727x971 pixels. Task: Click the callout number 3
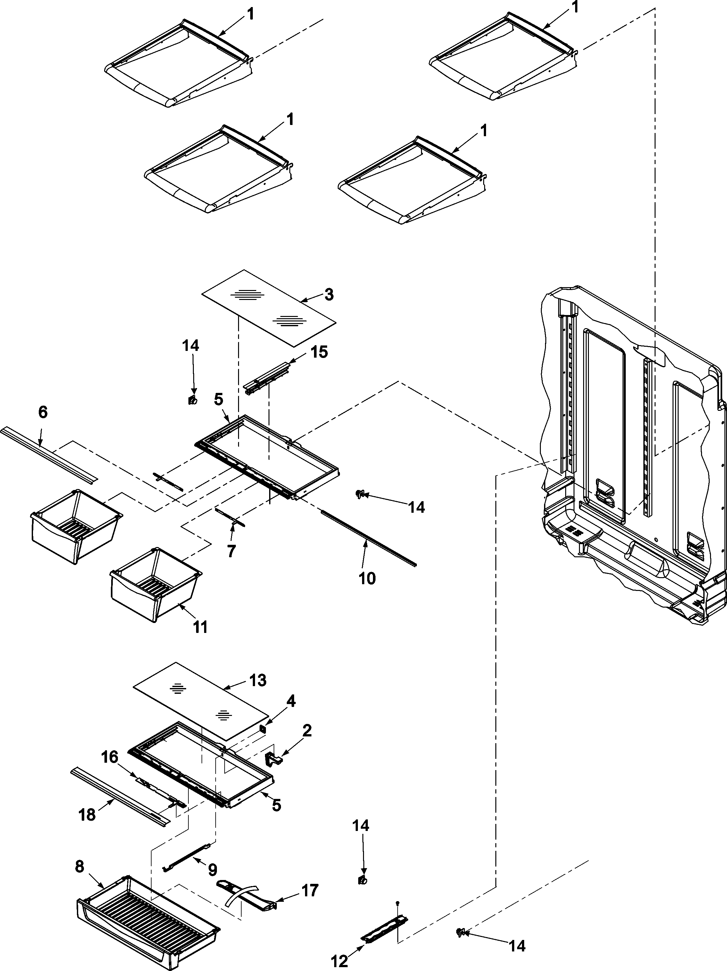[329, 295]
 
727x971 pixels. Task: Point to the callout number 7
[231, 551]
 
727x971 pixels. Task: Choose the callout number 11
[200, 627]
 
